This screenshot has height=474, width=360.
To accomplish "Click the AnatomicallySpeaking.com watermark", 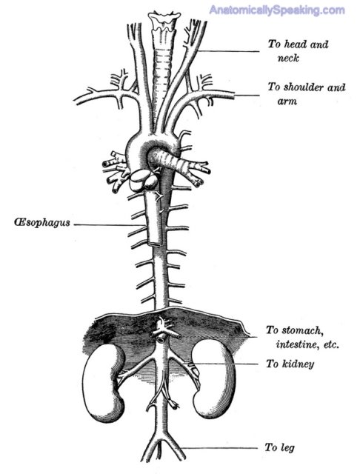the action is click(x=277, y=10).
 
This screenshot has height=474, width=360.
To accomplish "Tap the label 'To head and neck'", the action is click(x=298, y=51).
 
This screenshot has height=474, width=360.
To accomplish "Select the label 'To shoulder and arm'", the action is click(x=306, y=94).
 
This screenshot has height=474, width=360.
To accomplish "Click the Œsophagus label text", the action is click(x=42, y=222).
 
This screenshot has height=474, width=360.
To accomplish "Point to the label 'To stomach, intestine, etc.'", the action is click(x=302, y=337).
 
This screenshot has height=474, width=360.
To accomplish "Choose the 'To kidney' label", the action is click(x=290, y=364).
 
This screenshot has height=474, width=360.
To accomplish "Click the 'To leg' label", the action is click(x=279, y=447).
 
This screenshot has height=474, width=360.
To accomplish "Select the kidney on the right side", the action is click(x=214, y=378).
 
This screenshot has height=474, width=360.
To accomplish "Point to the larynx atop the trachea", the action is click(x=164, y=21).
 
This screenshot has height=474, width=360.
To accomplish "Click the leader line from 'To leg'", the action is click(x=220, y=448).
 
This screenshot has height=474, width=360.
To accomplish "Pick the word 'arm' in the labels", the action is click(x=287, y=101).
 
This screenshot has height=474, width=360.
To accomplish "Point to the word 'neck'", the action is click(x=288, y=58).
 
